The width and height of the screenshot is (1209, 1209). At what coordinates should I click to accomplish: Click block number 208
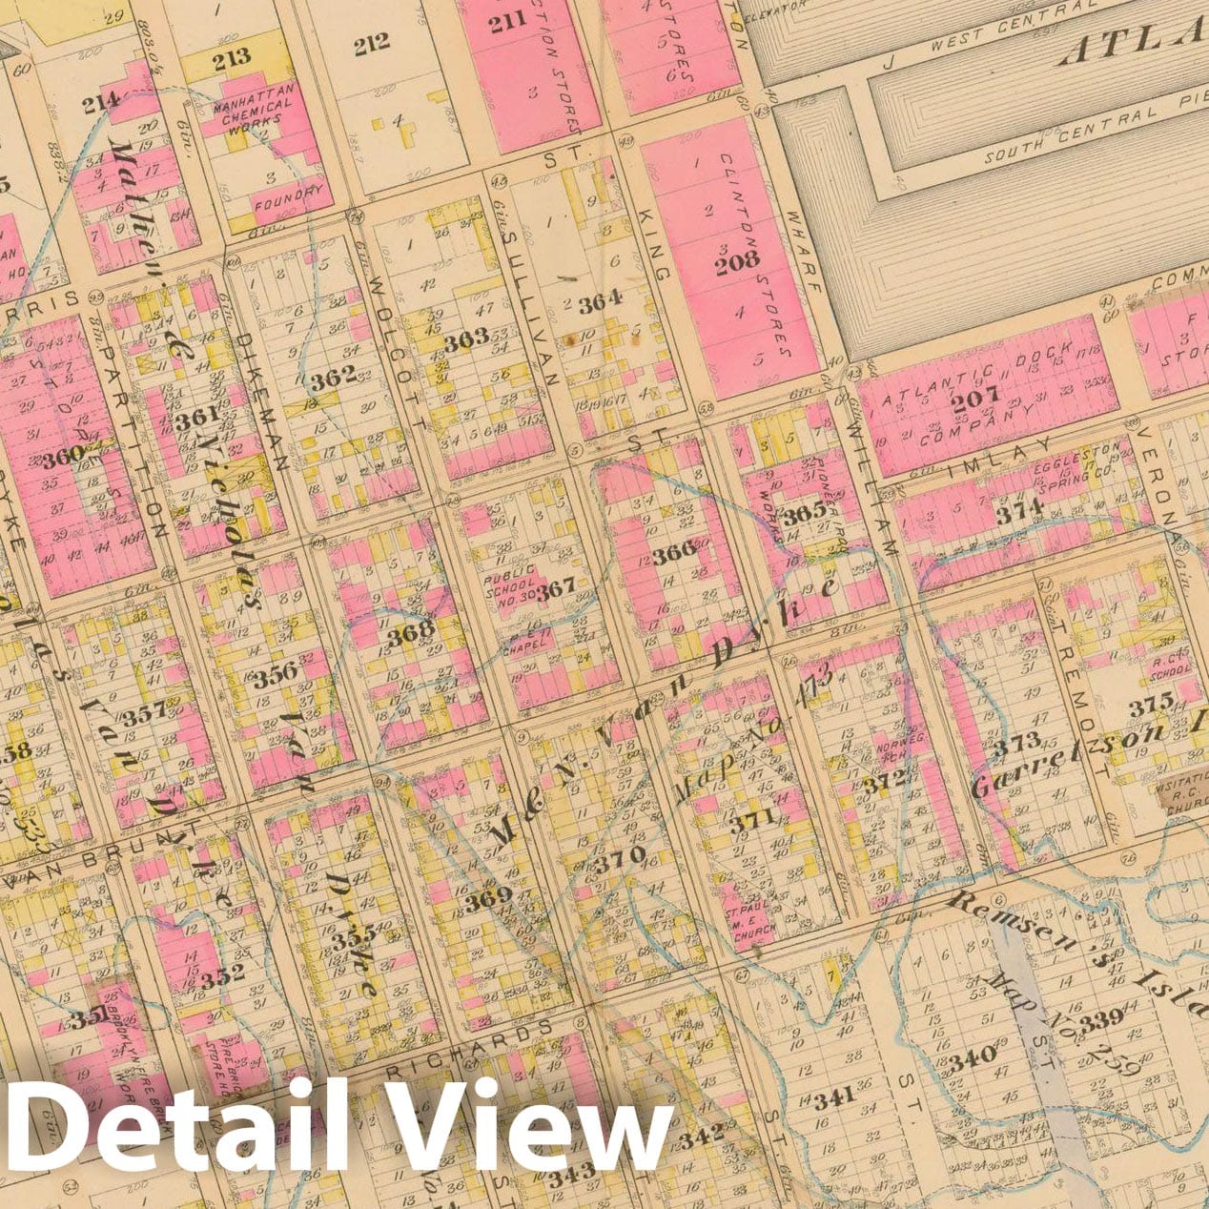(738, 260)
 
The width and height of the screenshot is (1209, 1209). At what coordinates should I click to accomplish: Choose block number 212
(372, 44)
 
